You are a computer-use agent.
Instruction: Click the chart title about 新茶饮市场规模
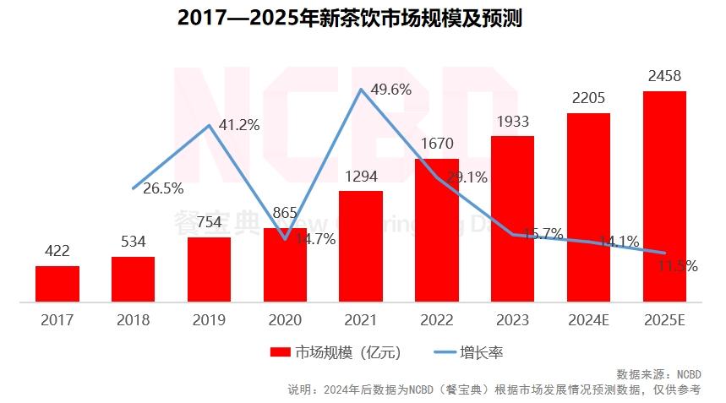point(350,19)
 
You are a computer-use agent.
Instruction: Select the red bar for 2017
point(57,284)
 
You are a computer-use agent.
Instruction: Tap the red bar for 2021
point(361,246)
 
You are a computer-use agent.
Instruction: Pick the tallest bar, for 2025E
point(664,196)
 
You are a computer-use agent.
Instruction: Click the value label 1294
point(361,177)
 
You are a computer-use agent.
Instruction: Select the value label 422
point(57,252)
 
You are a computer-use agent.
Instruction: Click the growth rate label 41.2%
point(238,125)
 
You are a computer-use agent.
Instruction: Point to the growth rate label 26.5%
point(163,188)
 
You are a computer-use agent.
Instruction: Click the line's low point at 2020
point(286,238)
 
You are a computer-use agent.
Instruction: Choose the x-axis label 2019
point(209,320)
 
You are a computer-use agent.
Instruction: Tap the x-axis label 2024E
point(588,320)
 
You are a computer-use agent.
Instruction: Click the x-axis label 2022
point(437,320)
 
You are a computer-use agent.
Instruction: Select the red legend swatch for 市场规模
point(280,352)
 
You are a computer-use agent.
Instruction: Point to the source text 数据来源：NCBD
point(658,374)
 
